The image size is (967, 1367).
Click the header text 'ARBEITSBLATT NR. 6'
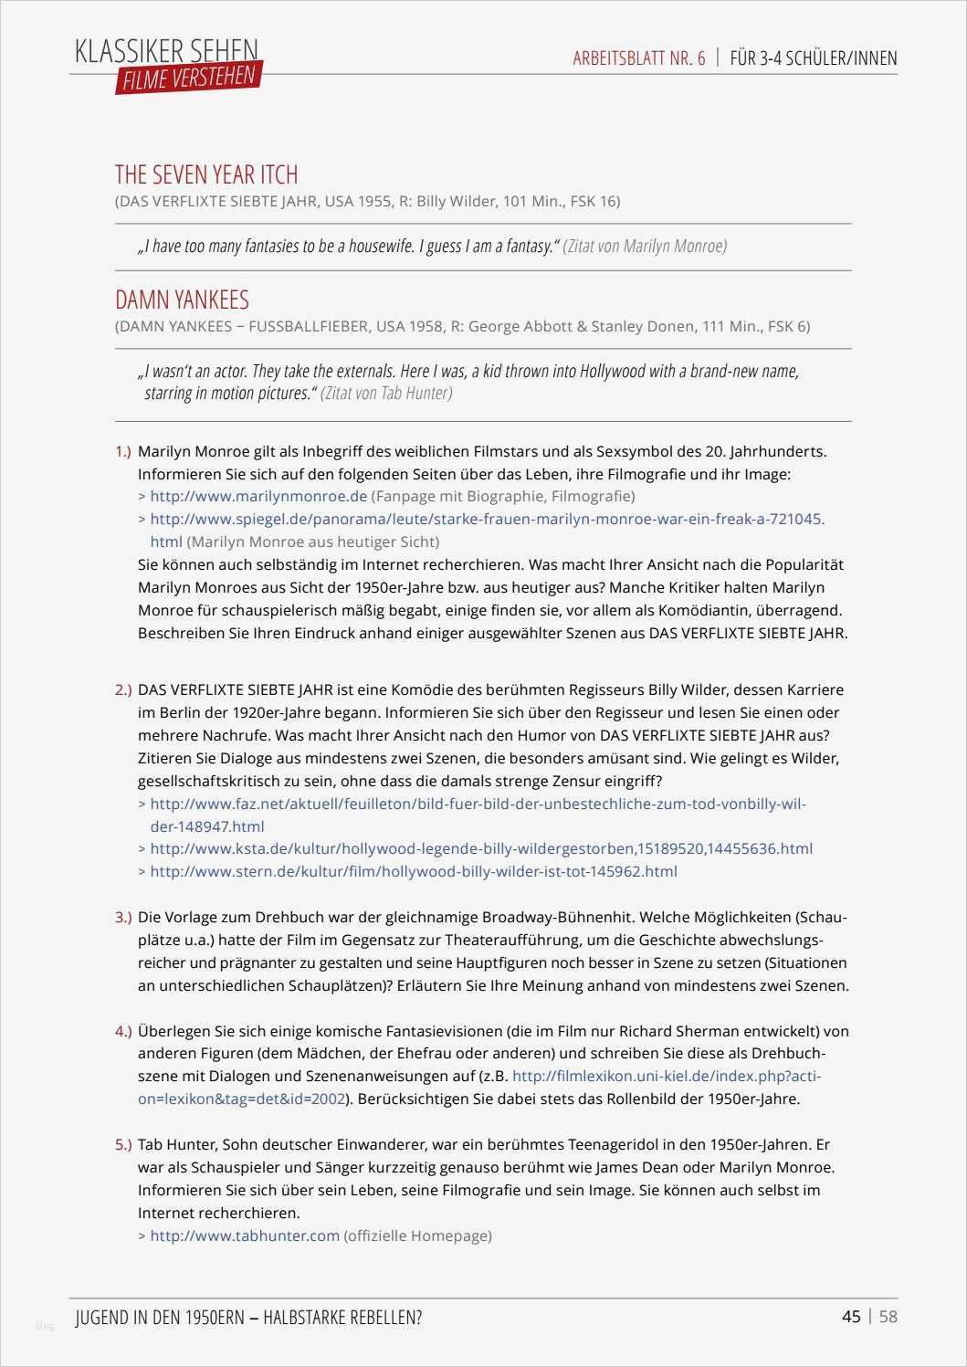click(x=639, y=58)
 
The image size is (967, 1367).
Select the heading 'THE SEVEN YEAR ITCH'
click(x=206, y=174)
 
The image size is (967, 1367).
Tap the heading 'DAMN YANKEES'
click(x=182, y=300)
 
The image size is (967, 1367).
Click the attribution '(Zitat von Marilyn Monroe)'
click(x=645, y=246)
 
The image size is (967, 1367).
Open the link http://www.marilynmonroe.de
click(x=258, y=496)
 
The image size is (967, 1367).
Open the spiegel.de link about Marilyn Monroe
click(x=487, y=519)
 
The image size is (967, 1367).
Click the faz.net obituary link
click(x=478, y=804)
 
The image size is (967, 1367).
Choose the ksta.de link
click(x=480, y=848)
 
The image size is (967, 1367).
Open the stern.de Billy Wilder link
click(x=413, y=871)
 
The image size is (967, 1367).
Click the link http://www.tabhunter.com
click(x=245, y=1236)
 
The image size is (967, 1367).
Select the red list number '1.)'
click(x=123, y=451)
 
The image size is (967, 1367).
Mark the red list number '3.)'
click(x=123, y=917)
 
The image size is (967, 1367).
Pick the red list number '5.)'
click(x=123, y=1144)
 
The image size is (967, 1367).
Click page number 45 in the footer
click(x=851, y=1316)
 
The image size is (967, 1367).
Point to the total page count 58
click(x=888, y=1316)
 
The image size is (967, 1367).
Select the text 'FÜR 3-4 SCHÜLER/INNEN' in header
click(x=814, y=58)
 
